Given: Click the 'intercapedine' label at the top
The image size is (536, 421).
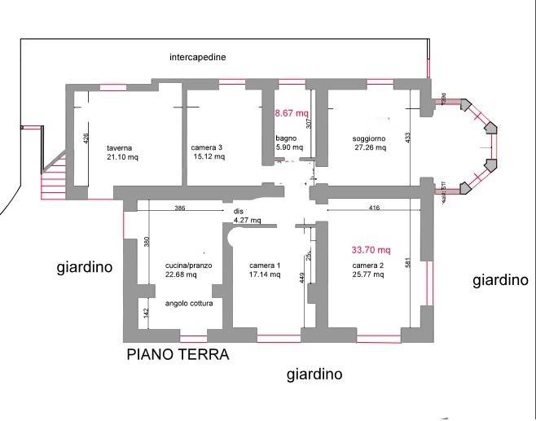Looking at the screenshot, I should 198,58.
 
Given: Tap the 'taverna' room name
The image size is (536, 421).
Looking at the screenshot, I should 119,148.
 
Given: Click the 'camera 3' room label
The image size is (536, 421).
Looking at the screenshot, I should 207,148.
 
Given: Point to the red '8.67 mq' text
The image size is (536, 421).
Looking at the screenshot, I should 292,113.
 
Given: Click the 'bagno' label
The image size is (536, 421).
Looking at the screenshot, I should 286,138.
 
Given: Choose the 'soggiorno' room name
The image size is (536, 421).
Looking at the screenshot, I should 369,139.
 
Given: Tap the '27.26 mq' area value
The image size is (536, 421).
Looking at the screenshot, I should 370,149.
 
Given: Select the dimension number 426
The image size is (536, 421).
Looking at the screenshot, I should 85,139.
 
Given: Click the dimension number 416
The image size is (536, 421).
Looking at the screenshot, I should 374,208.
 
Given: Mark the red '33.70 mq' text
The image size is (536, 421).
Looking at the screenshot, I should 371,250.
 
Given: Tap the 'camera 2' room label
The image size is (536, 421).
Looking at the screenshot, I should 368,265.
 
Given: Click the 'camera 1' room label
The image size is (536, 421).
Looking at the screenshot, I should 265,265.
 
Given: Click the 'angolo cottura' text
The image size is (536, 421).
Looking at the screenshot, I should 188,303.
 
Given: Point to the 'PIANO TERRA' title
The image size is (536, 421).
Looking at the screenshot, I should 177,355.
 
